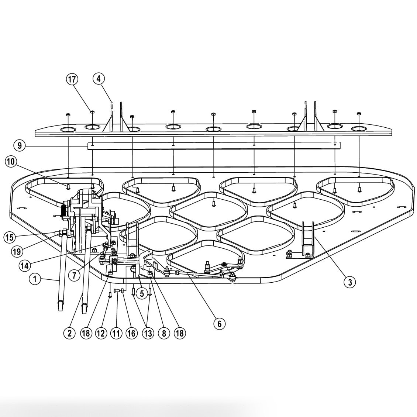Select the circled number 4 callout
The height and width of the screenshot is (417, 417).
99,79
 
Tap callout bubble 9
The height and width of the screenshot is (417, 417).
20,146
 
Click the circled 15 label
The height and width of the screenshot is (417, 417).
10,237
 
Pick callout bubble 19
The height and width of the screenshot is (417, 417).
17,252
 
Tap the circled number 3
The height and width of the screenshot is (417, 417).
349,283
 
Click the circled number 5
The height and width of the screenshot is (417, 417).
142,294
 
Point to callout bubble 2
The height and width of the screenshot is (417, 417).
69,334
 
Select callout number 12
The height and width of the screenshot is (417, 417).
100,334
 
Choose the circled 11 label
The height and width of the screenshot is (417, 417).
116,334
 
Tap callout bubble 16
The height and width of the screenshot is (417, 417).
132,334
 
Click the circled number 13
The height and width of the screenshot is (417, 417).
148,334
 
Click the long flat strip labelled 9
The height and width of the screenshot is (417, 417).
214,146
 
